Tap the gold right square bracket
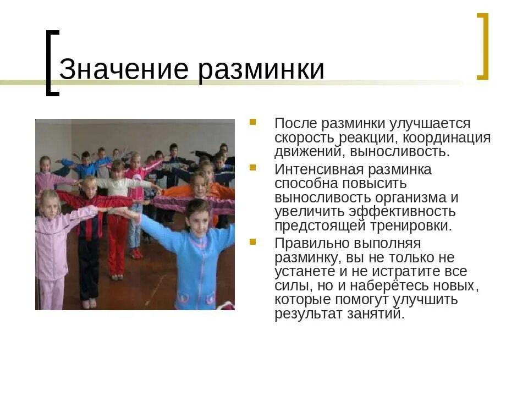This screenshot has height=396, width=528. point(483,47)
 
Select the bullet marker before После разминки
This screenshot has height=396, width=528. point(252,122)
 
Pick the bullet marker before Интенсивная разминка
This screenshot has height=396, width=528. point(252,167)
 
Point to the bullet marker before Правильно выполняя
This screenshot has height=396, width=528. point(252,241)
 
